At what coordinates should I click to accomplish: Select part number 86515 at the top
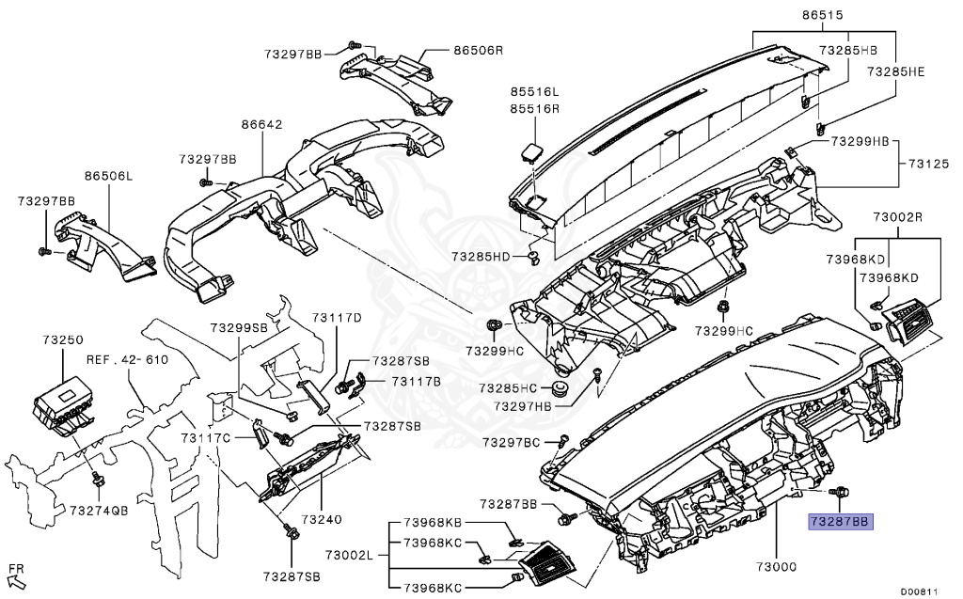822,16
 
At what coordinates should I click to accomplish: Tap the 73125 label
927,164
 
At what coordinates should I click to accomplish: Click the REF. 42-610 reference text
127,359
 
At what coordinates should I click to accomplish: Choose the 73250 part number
63,338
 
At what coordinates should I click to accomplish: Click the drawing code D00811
919,591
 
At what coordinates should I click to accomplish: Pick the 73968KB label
434,522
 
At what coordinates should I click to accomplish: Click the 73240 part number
322,518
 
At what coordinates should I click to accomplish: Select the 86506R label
479,50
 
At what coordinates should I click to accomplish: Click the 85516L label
535,92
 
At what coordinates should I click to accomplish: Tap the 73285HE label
896,71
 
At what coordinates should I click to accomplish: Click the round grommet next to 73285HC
560,388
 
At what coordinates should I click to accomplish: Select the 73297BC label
512,442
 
